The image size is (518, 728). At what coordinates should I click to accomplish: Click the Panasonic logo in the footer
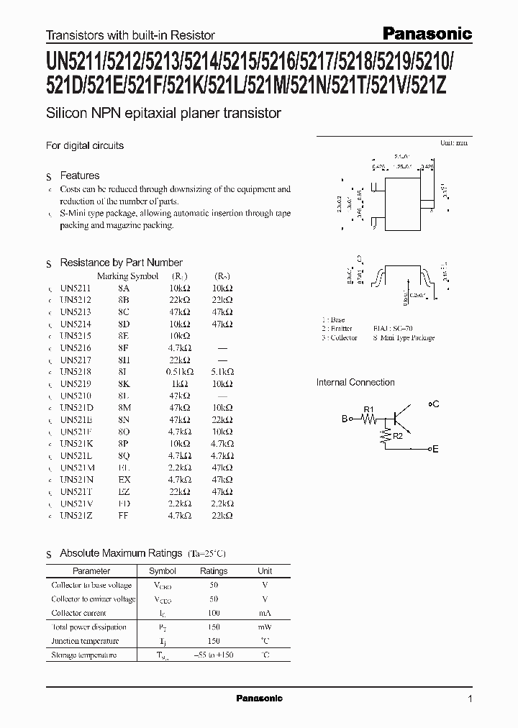point(260,699)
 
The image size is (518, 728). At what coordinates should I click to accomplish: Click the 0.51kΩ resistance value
point(176,371)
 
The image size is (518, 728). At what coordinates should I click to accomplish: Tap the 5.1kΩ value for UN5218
point(222,371)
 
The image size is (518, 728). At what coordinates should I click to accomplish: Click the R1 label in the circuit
point(369,409)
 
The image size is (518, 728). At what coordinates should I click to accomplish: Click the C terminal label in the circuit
point(435,405)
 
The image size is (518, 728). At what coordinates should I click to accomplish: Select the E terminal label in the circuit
point(435,449)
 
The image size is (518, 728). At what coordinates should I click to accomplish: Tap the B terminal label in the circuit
point(345,418)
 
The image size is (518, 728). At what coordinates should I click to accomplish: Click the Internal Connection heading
point(355,383)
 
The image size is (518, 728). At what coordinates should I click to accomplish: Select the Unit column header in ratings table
point(265,571)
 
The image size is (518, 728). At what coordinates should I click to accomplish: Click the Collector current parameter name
point(79,613)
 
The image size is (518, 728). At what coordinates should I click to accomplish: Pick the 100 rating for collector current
point(213,613)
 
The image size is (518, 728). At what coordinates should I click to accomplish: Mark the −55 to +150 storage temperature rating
point(213,655)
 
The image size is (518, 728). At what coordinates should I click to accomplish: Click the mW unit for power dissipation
point(265,627)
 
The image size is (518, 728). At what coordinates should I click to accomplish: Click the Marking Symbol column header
point(127,276)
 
